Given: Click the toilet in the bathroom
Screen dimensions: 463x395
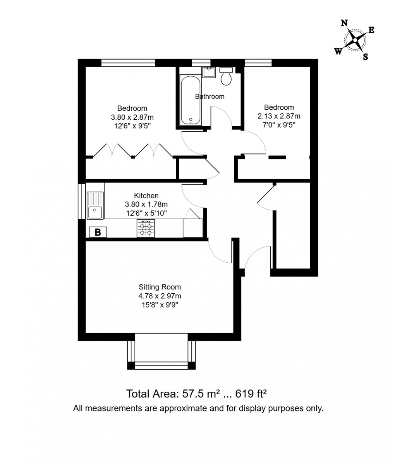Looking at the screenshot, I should [226, 76].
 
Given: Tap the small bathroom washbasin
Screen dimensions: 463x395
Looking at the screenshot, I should [209, 72].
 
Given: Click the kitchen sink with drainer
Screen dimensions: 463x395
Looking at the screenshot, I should [95, 205].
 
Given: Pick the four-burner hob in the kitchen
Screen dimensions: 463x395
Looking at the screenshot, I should [146, 228].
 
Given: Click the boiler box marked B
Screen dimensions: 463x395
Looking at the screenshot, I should [98, 232].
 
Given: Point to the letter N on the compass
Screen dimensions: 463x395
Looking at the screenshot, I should [343, 23].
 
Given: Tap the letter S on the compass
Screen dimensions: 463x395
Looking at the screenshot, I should [365, 57].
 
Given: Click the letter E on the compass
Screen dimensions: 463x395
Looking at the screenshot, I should [371, 31].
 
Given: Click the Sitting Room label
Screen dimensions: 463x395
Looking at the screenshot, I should [160, 287].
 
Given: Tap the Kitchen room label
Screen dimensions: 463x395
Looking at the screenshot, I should [146, 196].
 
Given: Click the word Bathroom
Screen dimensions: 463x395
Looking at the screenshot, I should [210, 96].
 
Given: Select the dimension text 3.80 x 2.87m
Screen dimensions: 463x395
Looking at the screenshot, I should [132, 117].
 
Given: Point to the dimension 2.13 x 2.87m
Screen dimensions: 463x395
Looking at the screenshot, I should [279, 116].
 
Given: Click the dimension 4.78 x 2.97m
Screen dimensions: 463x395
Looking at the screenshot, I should [160, 296].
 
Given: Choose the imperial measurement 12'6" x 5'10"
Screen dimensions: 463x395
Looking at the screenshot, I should [146, 213].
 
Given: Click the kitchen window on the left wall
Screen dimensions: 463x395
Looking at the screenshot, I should [81, 201].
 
